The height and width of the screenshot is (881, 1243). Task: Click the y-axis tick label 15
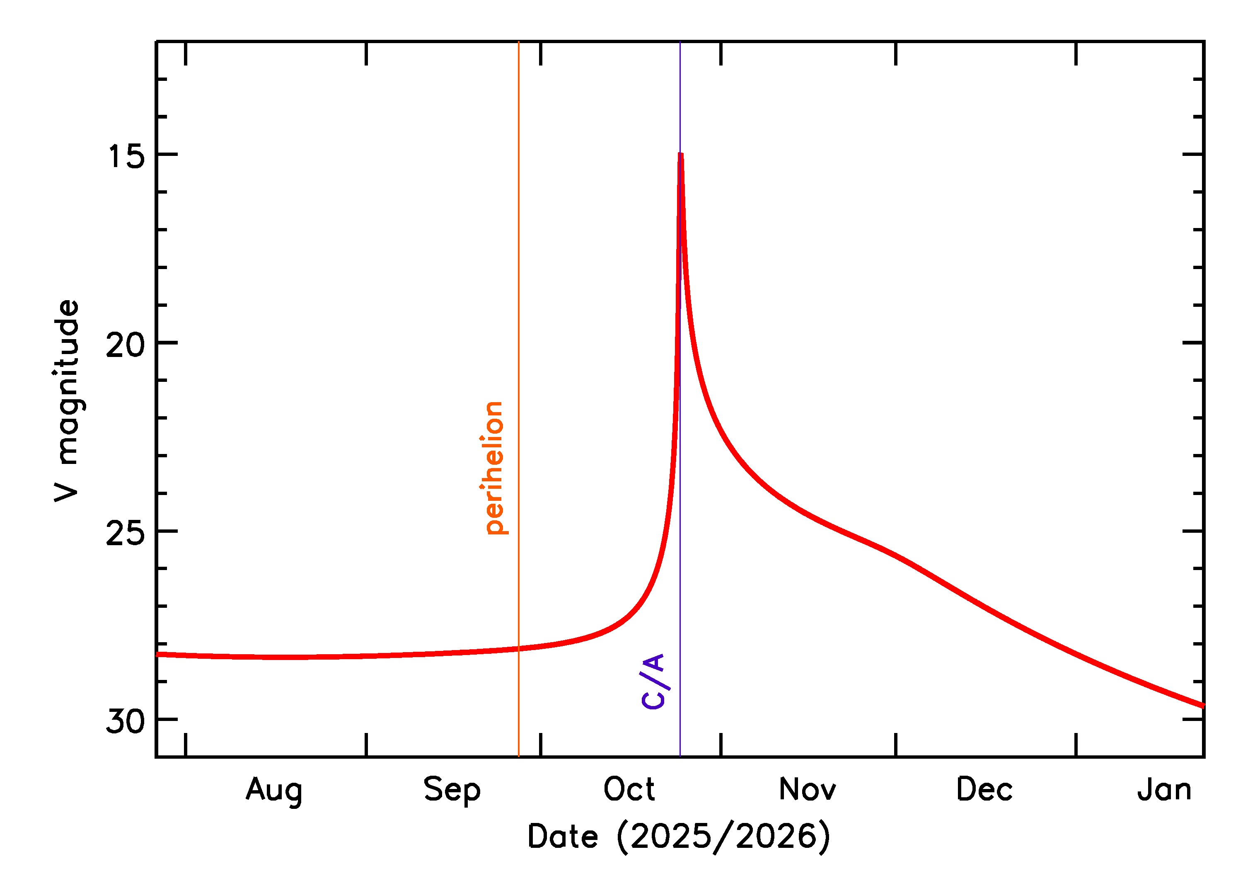tap(126, 157)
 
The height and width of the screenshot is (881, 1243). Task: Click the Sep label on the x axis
tap(452, 790)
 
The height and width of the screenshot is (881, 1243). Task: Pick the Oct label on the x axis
tap(629, 789)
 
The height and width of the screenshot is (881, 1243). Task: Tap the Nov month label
tap(807, 789)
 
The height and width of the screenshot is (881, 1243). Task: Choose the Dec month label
tap(984, 789)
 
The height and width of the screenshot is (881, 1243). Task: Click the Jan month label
tap(1164, 789)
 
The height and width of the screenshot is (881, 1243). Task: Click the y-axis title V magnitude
tap(67, 401)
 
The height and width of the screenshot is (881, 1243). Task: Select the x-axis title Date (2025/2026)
tap(678, 837)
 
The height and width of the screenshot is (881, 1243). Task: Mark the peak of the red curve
tap(680, 155)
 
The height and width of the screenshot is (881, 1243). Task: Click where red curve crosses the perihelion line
tap(519, 648)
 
